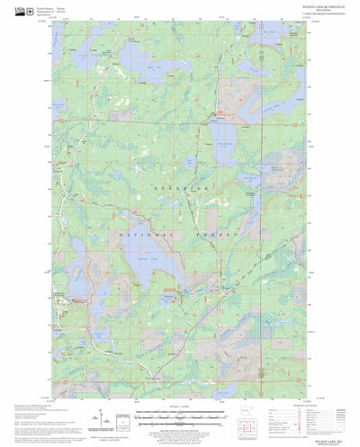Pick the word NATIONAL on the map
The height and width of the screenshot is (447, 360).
(x=136, y=233)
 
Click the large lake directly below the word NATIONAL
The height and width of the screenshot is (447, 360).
(x=143, y=264)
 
